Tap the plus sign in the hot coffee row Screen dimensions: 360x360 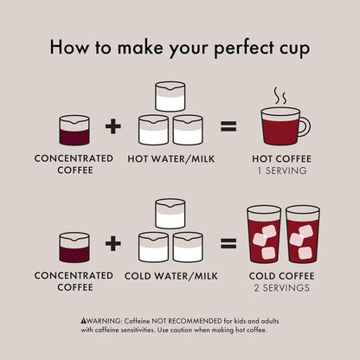pos(113,126)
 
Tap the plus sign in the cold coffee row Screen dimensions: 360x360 pos(113,243)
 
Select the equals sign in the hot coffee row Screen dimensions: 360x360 pos(228,126)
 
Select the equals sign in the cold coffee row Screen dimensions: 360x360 pos(228,243)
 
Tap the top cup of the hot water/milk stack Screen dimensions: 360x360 pos(170,96)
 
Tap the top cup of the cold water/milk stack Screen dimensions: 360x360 pos(170,213)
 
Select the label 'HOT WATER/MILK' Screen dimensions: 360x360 pos(170,159)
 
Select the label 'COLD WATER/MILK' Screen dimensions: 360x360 pos(170,276)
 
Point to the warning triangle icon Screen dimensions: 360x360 pos(84,319)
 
